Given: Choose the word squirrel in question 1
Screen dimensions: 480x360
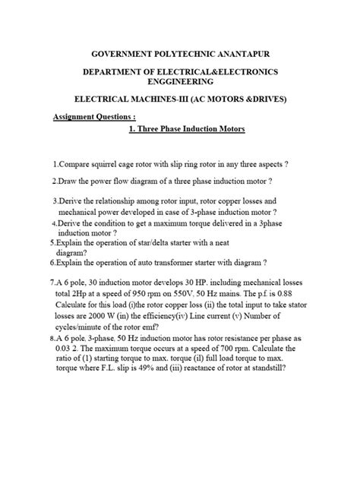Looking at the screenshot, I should tap(113, 163).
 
